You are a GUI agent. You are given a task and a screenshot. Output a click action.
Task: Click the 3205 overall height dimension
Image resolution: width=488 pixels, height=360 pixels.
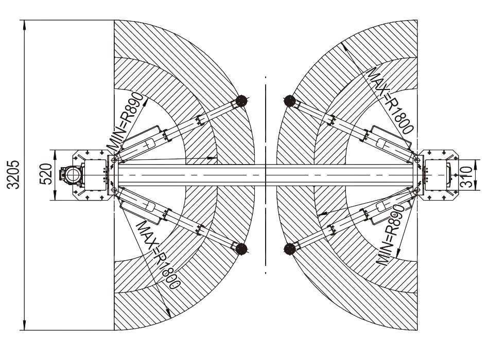click(x=13, y=174)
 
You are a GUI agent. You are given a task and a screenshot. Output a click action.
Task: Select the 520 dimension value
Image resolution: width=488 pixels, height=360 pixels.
click(x=46, y=174)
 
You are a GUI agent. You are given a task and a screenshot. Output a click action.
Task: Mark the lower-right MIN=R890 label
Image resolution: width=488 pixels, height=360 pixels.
click(x=391, y=234)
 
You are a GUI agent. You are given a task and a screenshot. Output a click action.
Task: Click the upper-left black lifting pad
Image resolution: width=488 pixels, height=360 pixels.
click(x=241, y=101)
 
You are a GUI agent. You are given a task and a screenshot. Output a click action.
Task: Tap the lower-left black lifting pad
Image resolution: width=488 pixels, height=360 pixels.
click(x=241, y=249)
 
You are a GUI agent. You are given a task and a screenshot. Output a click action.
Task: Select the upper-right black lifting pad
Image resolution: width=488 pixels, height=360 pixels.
click(x=290, y=101)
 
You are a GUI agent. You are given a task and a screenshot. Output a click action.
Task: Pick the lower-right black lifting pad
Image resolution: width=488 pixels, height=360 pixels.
click(x=290, y=249)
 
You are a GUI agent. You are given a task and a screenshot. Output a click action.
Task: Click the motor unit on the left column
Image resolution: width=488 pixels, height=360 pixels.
click(x=72, y=175)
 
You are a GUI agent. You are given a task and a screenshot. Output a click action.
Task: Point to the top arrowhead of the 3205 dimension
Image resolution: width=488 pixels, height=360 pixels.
click(x=24, y=25)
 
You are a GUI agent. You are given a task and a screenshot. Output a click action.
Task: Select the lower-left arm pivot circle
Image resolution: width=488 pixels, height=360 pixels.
click(x=114, y=190)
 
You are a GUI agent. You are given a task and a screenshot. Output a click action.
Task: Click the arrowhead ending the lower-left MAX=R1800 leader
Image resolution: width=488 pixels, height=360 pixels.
click(x=168, y=313)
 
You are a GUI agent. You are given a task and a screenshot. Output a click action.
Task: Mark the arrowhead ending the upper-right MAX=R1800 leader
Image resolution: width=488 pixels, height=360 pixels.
click(x=344, y=47)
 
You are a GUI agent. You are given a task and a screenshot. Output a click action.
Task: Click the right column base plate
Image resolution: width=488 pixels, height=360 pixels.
click(x=439, y=175)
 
